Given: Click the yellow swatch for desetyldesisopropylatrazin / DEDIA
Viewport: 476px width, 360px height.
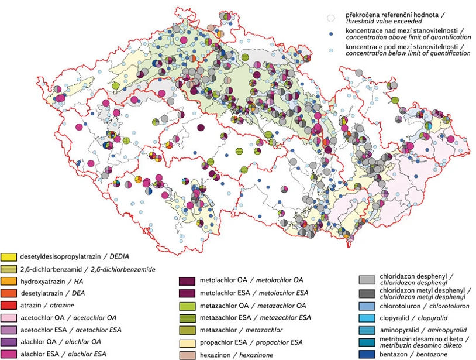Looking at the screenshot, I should coord(9,256).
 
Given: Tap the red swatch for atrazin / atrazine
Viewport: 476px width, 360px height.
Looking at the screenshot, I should coord(9,305).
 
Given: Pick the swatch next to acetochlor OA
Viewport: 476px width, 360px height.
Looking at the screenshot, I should coord(9,317).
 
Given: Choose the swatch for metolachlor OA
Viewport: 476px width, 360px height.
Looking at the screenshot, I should coord(187,280).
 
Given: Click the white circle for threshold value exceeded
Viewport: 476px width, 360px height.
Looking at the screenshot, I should coord(331,19).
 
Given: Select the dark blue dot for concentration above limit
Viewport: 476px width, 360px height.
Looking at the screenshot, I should coord(331,35).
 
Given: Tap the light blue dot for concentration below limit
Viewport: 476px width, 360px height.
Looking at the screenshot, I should coord(331,50).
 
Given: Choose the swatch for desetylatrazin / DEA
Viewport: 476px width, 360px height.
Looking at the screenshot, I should coord(9,293).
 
